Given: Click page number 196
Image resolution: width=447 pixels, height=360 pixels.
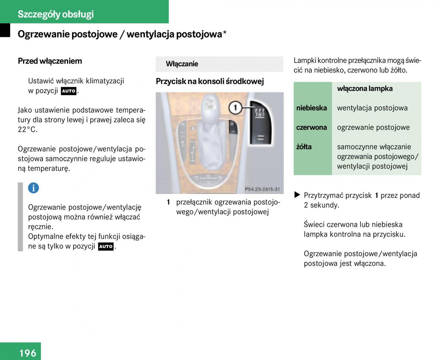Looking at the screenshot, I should [28, 353].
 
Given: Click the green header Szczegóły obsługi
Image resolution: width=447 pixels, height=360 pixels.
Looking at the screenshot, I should [56, 14].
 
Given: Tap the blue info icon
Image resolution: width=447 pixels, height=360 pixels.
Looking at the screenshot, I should [33, 188].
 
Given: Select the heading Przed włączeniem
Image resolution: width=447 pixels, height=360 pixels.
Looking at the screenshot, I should [50, 61].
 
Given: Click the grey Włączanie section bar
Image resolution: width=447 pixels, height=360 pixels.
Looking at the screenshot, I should [219, 64].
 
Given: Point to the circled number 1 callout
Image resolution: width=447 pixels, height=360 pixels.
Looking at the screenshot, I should [235, 108].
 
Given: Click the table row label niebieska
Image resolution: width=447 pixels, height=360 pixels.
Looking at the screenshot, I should [311, 108].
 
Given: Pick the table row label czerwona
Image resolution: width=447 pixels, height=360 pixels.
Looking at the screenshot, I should [311, 127].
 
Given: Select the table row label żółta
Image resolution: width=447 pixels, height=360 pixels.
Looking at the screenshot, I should [304, 147].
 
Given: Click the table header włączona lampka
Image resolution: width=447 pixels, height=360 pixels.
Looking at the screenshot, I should [365, 89].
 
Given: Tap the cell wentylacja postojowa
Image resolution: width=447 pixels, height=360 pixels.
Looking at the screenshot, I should [372, 108].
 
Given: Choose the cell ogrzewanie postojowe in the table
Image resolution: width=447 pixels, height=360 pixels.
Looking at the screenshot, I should [373, 127].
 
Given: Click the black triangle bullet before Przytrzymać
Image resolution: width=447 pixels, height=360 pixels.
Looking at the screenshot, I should [297, 195].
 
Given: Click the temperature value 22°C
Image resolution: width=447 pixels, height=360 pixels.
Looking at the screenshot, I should [28, 130].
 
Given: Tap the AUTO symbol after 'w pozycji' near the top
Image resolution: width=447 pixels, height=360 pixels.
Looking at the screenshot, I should [69, 91].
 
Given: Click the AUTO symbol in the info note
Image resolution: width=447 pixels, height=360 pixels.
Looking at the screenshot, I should [106, 246].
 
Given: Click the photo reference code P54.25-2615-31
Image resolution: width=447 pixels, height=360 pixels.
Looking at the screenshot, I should [262, 189].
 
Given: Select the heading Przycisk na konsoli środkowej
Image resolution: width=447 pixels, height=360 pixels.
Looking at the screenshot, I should [210, 82].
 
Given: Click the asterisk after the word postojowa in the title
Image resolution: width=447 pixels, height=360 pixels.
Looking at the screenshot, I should [225, 34].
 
